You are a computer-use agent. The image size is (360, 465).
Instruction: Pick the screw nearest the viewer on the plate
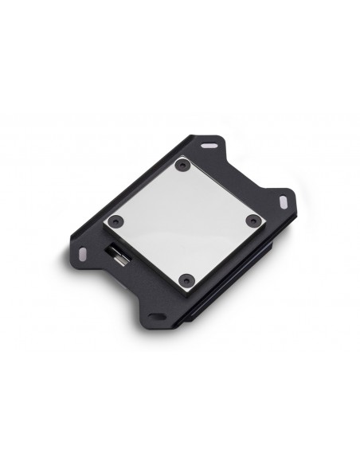(186, 279)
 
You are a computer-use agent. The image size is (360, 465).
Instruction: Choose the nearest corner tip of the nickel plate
(188, 291)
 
